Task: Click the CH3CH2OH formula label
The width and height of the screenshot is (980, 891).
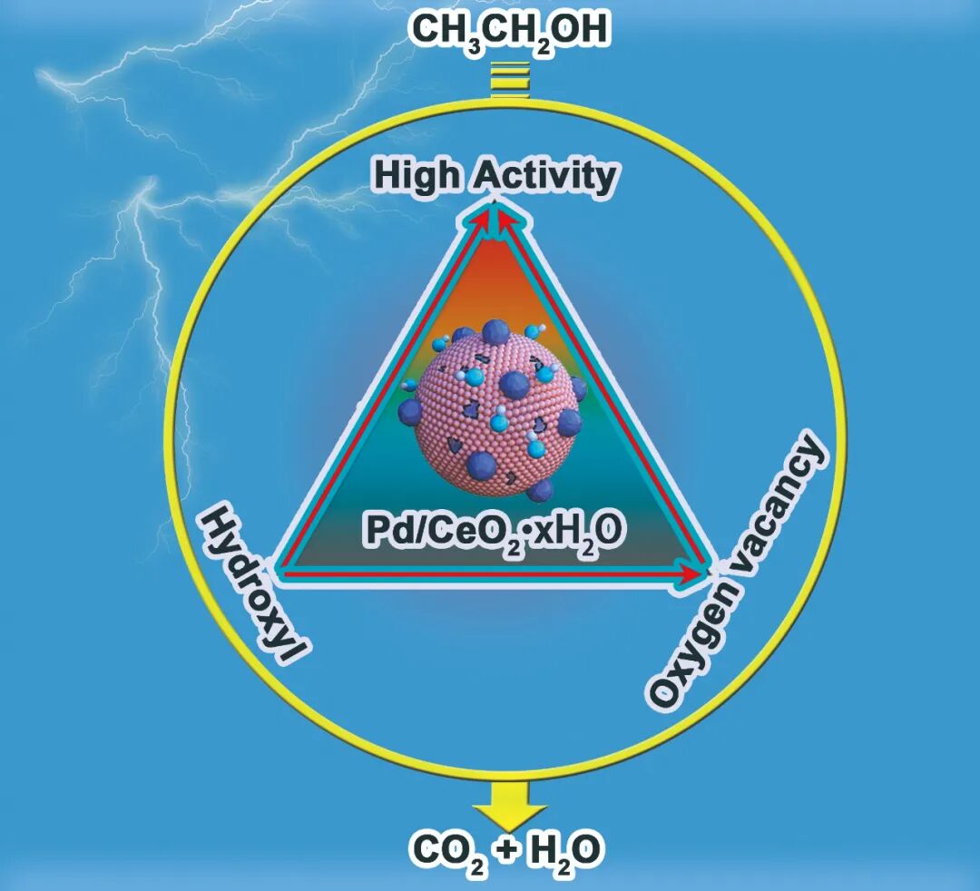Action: point(510,29)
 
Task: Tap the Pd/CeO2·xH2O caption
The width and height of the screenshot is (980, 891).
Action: point(495,530)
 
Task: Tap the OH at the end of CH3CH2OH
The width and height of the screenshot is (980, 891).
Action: point(577,29)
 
